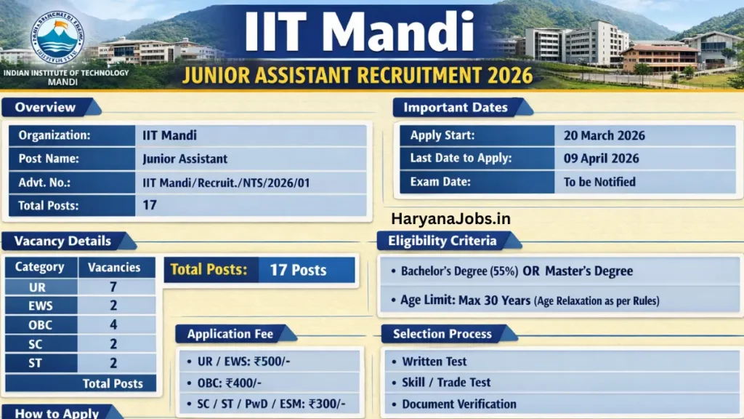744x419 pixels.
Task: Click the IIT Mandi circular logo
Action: pyautogui.click(x=57, y=38)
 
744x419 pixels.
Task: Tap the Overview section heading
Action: pyautogui.click(x=45, y=108)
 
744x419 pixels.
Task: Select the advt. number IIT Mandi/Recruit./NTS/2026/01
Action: pyautogui.click(x=226, y=183)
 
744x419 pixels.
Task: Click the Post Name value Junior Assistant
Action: pyautogui.click(x=185, y=159)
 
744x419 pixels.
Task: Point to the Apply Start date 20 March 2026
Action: pyautogui.click(x=604, y=135)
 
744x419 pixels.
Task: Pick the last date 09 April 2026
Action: pyautogui.click(x=601, y=159)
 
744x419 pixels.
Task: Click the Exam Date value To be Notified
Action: pyautogui.click(x=599, y=182)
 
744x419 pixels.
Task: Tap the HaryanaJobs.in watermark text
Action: pyautogui.click(x=450, y=218)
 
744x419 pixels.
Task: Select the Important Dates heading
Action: pyautogui.click(x=456, y=108)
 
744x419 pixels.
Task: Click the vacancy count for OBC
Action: pyautogui.click(x=113, y=325)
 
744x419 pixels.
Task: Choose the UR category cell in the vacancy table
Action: pyautogui.click(x=38, y=287)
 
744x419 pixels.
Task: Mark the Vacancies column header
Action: pyautogui.click(x=114, y=267)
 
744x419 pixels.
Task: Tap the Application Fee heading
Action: pyautogui.click(x=230, y=335)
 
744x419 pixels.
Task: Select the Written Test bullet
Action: pyautogui.click(x=434, y=362)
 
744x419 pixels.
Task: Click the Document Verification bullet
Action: pyautogui.click(x=458, y=404)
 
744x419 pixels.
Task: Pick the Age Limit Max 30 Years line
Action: pyautogui.click(x=529, y=300)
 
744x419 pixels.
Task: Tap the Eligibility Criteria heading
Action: pyautogui.click(x=442, y=241)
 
